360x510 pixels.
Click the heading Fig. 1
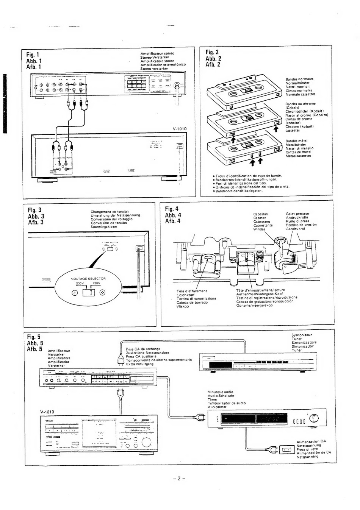click(x=33, y=55)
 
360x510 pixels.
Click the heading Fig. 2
click(x=212, y=52)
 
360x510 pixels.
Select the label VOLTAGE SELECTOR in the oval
click(x=88, y=278)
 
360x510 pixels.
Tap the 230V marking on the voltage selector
click(x=80, y=283)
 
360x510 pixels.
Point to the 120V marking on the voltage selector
click(x=96, y=283)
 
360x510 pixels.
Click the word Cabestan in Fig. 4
click(x=260, y=214)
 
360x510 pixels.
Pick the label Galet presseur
click(x=297, y=214)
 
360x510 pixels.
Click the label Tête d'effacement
click(x=192, y=291)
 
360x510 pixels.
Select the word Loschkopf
click(x=186, y=295)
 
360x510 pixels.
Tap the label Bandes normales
click(x=299, y=79)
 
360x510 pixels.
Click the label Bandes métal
click(x=296, y=141)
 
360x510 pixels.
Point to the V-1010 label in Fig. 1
click(x=180, y=129)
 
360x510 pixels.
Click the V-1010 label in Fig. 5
click(x=47, y=412)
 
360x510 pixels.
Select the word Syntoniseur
click(x=301, y=335)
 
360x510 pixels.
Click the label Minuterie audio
click(x=221, y=392)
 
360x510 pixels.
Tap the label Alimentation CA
click(x=311, y=441)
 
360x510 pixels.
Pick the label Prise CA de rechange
click(x=143, y=349)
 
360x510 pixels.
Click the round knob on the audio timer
click(x=314, y=418)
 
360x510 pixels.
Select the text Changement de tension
click(x=110, y=212)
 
